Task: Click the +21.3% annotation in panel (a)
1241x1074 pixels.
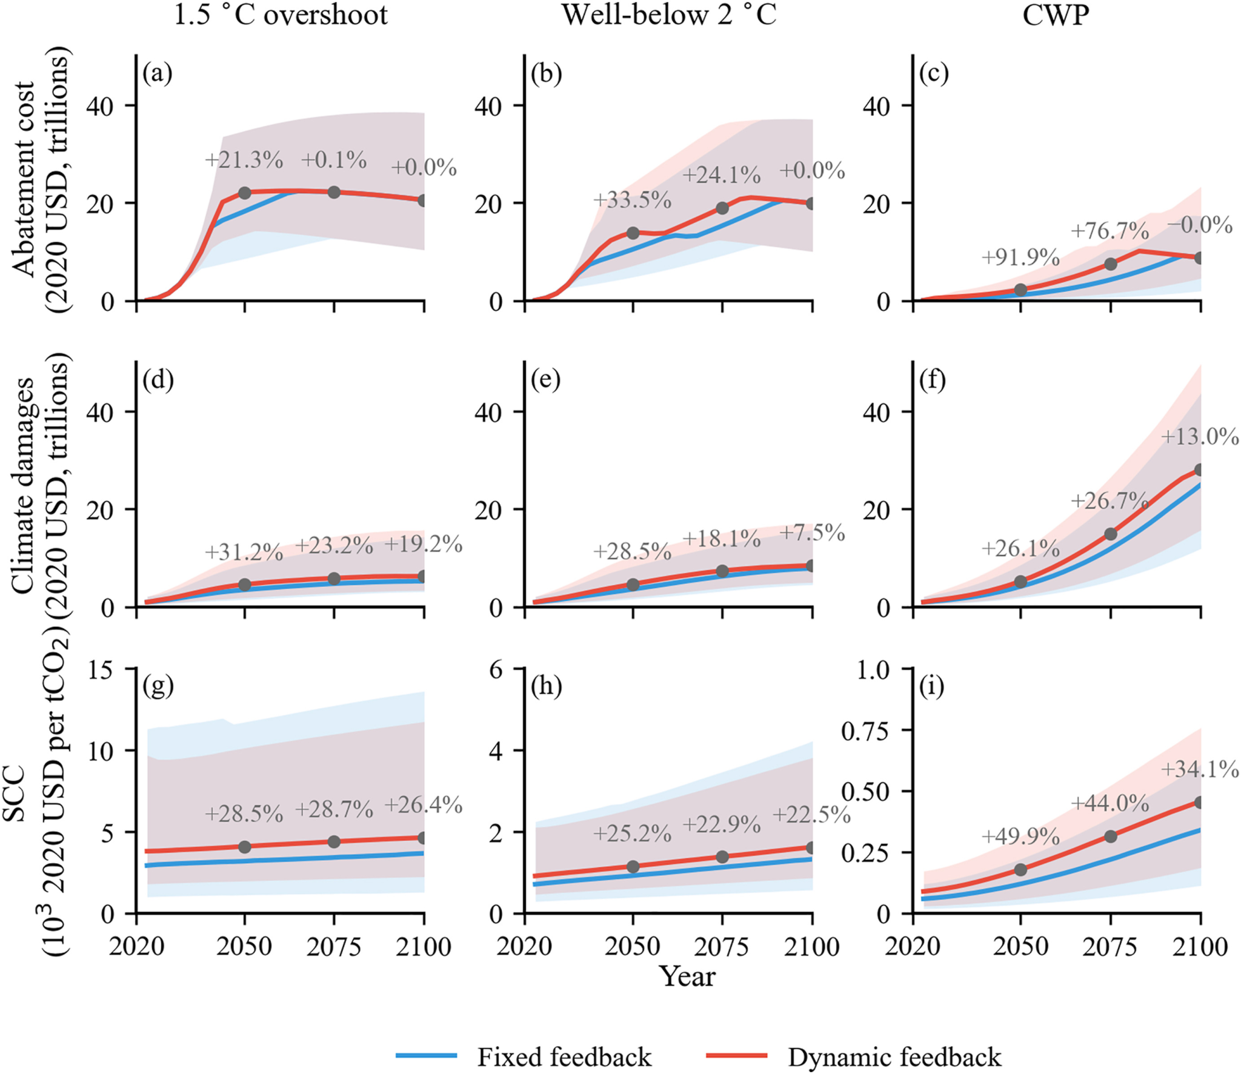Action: [x=244, y=161]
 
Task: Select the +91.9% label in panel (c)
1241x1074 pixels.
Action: [x=1020, y=257]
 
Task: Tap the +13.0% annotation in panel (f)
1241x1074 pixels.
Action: [x=1200, y=436]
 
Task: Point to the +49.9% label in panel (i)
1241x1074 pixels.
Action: [x=1020, y=837]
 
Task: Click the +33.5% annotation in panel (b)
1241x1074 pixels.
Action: [x=632, y=199]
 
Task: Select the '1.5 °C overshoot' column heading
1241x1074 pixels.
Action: [x=281, y=15]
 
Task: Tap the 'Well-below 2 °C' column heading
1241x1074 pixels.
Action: [x=669, y=15]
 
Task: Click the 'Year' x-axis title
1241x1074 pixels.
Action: [x=688, y=976]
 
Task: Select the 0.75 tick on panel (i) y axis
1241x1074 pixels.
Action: [x=870, y=731]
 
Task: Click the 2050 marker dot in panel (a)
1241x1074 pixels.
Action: [x=245, y=193]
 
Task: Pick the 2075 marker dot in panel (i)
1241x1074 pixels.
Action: [x=1111, y=837]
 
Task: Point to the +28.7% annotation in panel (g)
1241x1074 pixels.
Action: [x=334, y=809]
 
